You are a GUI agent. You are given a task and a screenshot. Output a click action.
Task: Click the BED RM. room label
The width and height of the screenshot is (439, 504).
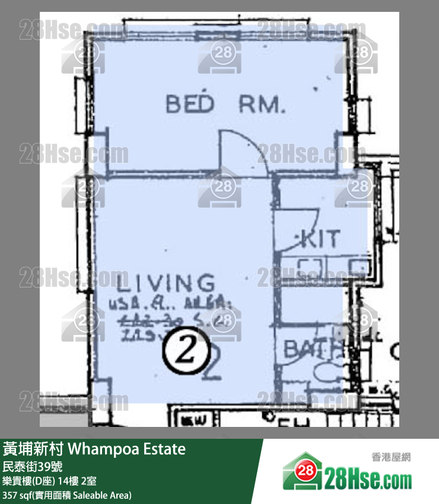point(225,105)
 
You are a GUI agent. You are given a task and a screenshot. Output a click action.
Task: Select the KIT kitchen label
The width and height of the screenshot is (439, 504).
point(321,238)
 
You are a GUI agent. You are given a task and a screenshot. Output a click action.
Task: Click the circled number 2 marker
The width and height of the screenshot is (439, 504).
point(186,353)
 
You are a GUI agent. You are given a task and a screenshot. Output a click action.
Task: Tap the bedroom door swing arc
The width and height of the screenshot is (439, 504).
point(244,151)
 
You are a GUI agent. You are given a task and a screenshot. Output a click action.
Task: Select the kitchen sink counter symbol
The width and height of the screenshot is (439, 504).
point(311,265)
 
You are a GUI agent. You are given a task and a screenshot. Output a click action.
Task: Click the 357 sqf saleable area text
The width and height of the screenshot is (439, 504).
point(66,495)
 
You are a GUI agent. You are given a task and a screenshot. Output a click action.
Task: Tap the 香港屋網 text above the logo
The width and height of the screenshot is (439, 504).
point(392,457)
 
